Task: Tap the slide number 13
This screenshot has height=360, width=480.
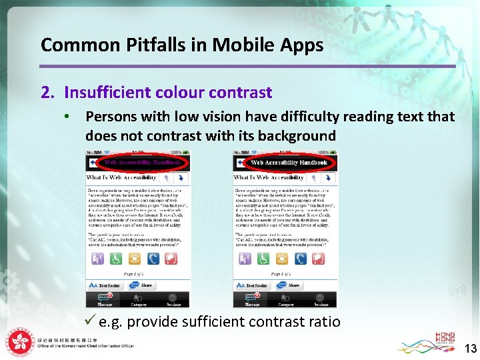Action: [x=471, y=347]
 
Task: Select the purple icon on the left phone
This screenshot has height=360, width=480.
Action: [x=96, y=259]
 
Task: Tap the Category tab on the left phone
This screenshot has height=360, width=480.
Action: [x=139, y=301]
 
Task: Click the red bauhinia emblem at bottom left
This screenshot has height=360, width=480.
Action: [x=20, y=344]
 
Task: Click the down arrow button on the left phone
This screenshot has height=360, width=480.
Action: [x=180, y=178]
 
